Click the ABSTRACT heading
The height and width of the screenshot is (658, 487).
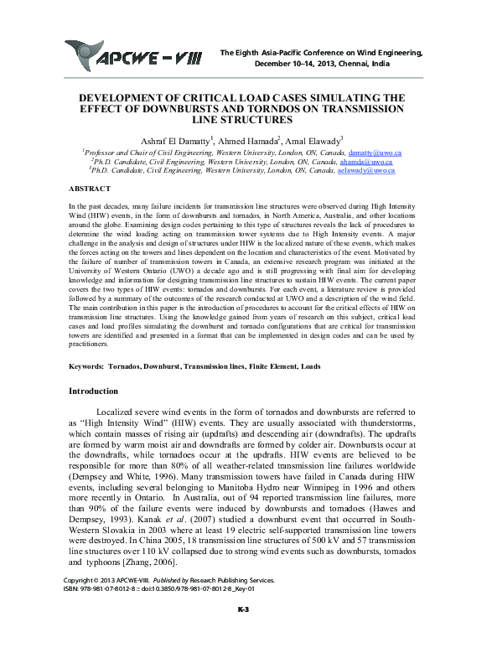89,189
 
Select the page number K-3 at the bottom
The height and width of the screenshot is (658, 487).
243,632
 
